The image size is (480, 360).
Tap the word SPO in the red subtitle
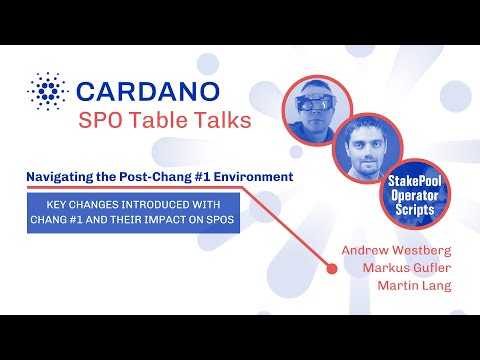[103, 121]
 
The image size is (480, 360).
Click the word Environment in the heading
[255, 177]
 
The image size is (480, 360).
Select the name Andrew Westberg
[396, 249]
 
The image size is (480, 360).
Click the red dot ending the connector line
[331, 267]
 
